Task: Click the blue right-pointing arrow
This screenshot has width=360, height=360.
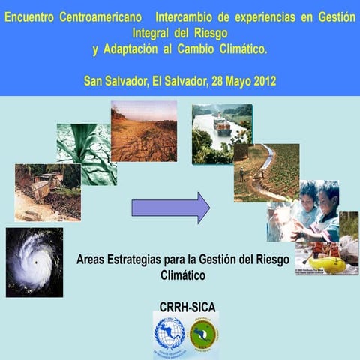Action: tap(170, 207)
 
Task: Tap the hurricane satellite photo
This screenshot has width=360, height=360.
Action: tap(34, 262)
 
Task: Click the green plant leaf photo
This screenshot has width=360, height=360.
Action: tap(87, 154)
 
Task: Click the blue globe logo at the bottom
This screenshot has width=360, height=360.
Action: tap(169, 334)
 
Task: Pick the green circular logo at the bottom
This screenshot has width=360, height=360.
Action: tap(203, 334)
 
